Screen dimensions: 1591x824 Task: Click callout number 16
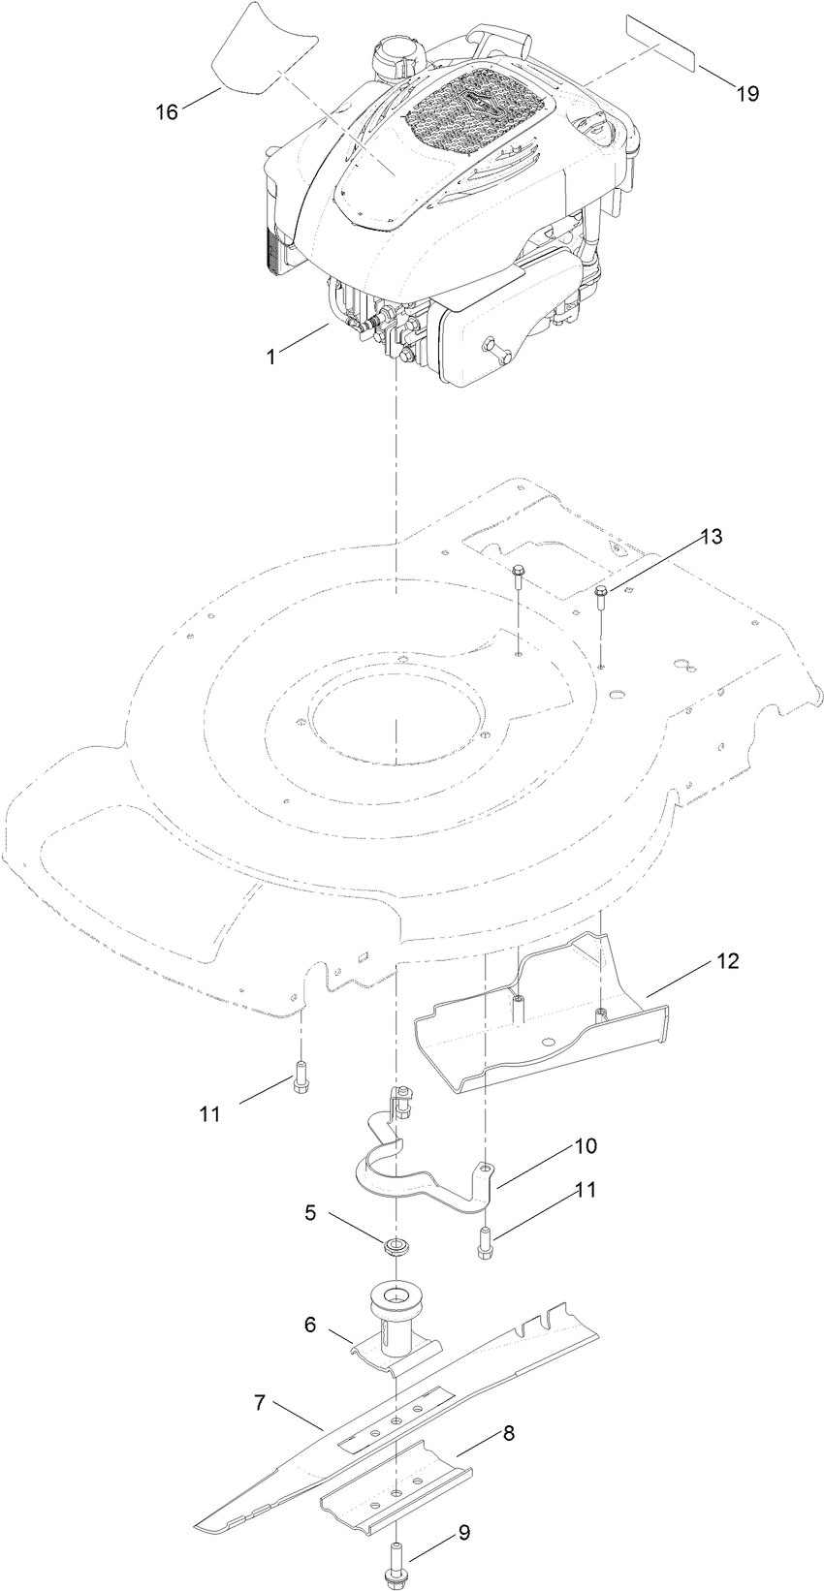click(x=167, y=111)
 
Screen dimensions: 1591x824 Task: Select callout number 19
click(x=746, y=94)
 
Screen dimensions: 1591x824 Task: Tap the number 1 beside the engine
click(x=271, y=356)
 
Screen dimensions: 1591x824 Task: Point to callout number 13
click(x=712, y=537)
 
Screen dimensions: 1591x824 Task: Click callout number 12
click(x=754, y=961)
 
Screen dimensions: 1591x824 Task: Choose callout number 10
click(x=585, y=1146)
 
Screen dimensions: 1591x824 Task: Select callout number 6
click(x=310, y=1325)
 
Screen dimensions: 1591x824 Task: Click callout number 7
click(x=260, y=1403)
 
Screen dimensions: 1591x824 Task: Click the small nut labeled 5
click(x=396, y=1245)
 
